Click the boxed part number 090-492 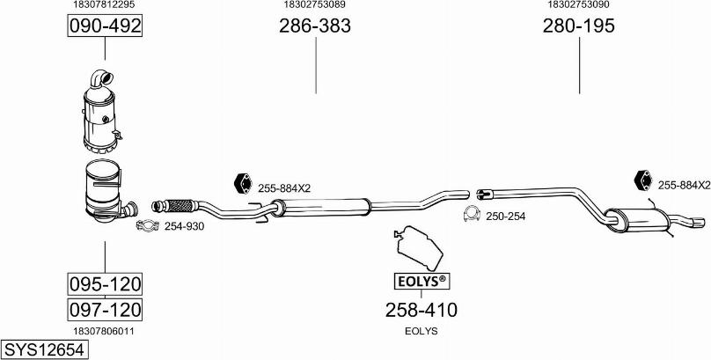pyautogui.click(x=105, y=26)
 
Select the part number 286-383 pyautogui.click(x=315, y=26)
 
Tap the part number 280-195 pyautogui.click(x=579, y=26)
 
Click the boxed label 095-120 pyautogui.click(x=105, y=284)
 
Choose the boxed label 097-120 pyautogui.click(x=105, y=310)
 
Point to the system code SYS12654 pyautogui.click(x=44, y=350)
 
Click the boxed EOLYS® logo pyautogui.click(x=422, y=282)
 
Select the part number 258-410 pyautogui.click(x=421, y=310)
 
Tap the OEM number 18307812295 pyautogui.click(x=104, y=4)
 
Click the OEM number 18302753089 pyautogui.click(x=315, y=4)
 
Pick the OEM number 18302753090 pyautogui.click(x=579, y=4)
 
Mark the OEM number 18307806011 pyautogui.click(x=104, y=332)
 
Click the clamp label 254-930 pyautogui.click(x=184, y=226)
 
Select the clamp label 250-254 pyautogui.click(x=506, y=217)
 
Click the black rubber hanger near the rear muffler pyautogui.click(x=643, y=180)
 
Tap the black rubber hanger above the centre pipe pyautogui.click(x=243, y=184)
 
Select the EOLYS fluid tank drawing pyautogui.click(x=418, y=247)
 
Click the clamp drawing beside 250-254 pyautogui.click(x=473, y=214)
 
